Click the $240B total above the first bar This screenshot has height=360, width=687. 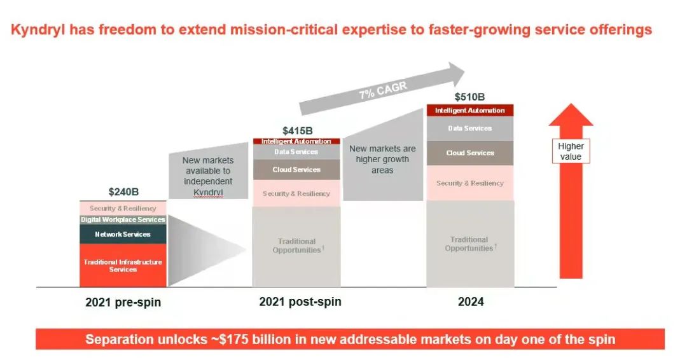(123, 191)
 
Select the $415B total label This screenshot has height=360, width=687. (297, 130)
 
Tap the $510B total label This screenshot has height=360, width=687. (469, 97)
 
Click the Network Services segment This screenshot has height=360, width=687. (123, 234)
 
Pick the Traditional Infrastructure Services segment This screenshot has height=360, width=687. (123, 266)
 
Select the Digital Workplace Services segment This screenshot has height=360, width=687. (123, 219)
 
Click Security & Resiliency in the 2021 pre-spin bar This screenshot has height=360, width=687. (123, 208)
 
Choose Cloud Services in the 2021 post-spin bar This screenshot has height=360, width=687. (296, 170)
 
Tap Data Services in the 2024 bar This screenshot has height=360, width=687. (469, 128)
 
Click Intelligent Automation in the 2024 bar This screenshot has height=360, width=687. (469, 111)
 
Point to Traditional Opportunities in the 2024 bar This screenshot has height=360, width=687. (469, 244)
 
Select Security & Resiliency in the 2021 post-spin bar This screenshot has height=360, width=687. (296, 193)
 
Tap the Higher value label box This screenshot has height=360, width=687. (571, 151)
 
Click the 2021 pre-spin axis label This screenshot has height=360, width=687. (123, 302)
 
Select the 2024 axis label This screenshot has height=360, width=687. (471, 301)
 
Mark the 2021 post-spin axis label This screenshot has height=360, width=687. (300, 301)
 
